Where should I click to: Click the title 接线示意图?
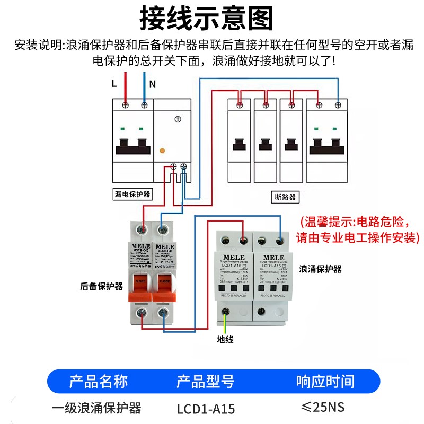click(x=206, y=19)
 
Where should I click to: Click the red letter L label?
click(x=113, y=83)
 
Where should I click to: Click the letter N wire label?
click(x=152, y=84)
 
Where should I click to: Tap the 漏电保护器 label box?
click(x=132, y=195)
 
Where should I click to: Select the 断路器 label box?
click(x=286, y=197)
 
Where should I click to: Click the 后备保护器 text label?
click(x=101, y=286)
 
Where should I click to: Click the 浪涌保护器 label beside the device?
click(x=321, y=269)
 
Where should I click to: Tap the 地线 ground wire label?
click(x=225, y=339)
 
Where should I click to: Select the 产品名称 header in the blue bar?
click(x=99, y=381)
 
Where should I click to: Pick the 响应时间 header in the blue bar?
click(x=325, y=381)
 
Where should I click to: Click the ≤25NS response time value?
click(x=323, y=408)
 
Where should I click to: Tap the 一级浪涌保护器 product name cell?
click(x=97, y=409)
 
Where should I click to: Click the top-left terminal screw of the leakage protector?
click(x=125, y=105)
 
